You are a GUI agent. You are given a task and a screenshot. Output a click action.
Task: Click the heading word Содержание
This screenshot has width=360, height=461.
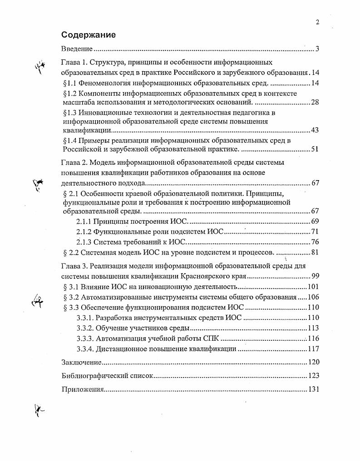[89, 34]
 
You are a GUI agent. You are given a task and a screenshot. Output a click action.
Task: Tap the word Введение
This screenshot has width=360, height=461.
[77, 49]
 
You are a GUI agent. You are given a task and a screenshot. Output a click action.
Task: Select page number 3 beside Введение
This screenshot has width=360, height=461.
[317, 49]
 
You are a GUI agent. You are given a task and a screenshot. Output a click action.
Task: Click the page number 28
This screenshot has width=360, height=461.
[315, 102]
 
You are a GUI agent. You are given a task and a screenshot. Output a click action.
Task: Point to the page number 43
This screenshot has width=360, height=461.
[315, 130]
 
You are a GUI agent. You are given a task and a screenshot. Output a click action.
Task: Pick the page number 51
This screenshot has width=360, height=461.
[315, 149]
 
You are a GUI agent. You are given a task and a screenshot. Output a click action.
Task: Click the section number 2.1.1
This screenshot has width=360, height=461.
[84, 221]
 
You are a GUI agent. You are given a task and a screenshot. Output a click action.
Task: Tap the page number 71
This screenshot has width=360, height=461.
[315, 232]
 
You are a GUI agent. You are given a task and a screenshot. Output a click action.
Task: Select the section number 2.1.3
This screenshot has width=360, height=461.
[84, 242]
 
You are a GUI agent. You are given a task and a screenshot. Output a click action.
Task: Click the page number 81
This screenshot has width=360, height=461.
[315, 252]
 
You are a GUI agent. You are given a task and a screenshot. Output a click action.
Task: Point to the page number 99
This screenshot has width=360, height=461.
[315, 276]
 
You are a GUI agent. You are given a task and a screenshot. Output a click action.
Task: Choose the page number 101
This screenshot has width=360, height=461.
[314, 287]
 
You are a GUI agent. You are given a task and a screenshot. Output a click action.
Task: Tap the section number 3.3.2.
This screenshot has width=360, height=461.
[85, 328]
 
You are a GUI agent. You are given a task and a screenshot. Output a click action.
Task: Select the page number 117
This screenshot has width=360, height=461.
[314, 349]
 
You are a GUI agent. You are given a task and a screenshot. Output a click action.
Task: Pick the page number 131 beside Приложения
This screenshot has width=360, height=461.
[314, 389]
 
